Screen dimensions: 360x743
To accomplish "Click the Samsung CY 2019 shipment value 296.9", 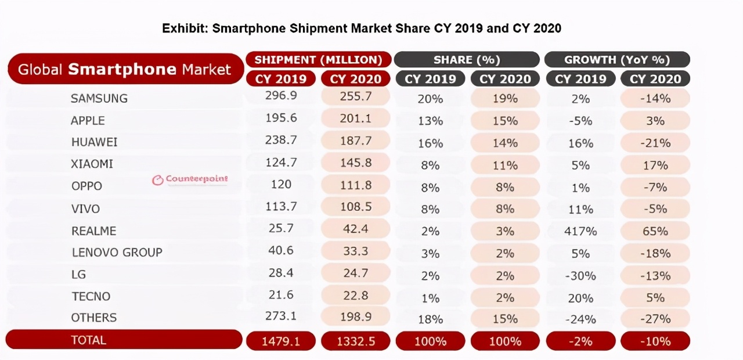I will tap(280, 97).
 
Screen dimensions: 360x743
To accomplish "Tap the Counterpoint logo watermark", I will tap(190, 179).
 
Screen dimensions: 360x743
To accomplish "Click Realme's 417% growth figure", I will tap(580, 231).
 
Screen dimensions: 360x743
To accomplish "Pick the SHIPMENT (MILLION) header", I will tap(318, 60).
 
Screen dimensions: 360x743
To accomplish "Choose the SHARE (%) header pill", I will tap(466, 60).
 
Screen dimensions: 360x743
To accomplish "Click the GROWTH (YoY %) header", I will tap(617, 60).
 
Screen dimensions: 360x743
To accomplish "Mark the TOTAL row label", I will tap(88, 340).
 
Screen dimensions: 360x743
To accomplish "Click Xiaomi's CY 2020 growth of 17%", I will tap(655, 165).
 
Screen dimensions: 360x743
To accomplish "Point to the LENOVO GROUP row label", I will tap(117, 253).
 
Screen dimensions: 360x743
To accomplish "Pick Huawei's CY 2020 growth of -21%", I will tap(655, 143).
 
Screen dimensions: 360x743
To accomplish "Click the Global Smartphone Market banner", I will tap(124, 70).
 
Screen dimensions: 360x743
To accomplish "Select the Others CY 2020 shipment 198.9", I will tap(356, 317).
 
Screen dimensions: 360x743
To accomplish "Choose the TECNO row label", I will tap(91, 296).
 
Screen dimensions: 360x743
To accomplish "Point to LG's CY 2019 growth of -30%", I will tap(580, 275).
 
